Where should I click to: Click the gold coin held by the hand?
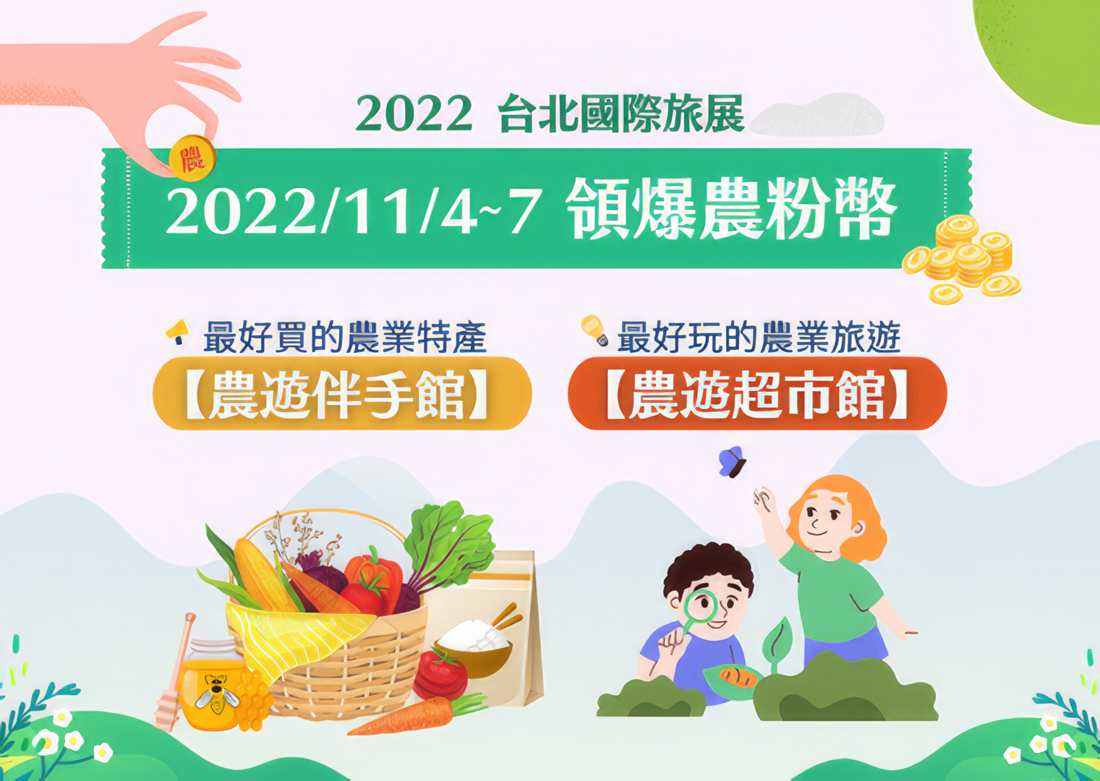192,158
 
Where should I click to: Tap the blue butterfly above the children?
732,462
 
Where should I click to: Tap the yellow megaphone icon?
177,331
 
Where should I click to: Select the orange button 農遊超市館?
756,393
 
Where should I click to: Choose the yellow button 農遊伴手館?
342,393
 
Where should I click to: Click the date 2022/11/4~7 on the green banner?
351,212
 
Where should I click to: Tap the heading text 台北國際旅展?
621,114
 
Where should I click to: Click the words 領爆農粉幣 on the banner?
732,209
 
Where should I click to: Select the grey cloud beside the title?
817,116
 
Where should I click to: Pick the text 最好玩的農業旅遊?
759,337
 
